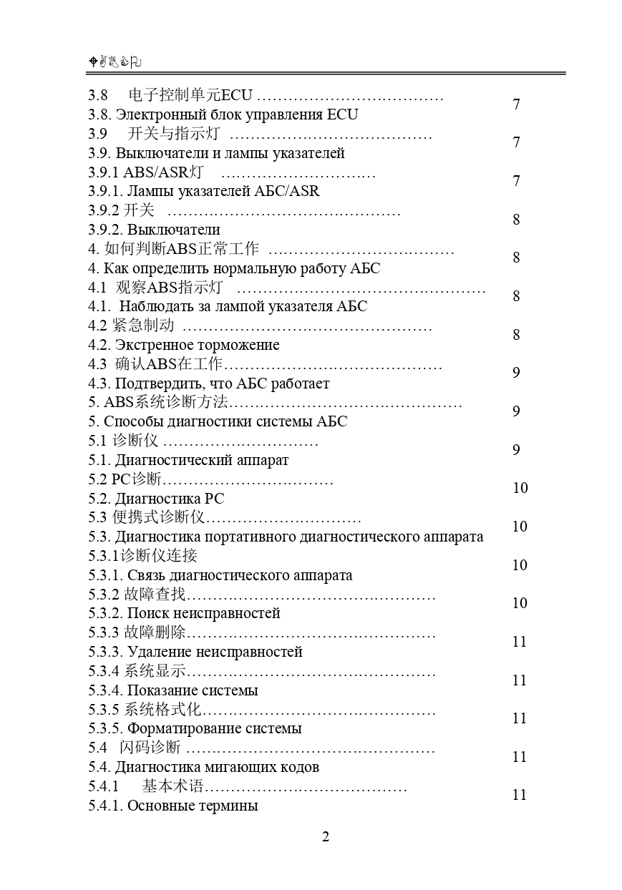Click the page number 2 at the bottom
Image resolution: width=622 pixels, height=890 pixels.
click(x=326, y=837)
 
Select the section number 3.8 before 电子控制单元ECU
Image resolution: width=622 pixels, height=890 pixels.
click(x=98, y=95)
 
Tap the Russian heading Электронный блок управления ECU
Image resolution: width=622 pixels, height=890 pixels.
click(x=236, y=114)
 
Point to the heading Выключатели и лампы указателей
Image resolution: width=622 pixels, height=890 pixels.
click(x=230, y=153)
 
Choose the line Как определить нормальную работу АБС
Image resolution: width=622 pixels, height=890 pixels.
click(x=242, y=268)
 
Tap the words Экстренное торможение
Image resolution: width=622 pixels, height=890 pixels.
click(x=198, y=345)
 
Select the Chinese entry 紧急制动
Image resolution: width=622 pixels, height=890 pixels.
click(x=143, y=326)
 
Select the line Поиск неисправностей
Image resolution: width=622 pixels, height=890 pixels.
click(x=203, y=613)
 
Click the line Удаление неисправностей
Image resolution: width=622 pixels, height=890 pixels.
click(x=215, y=652)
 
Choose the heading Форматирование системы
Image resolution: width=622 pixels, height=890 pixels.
click(x=214, y=728)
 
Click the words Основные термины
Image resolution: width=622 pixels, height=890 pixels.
click(x=193, y=806)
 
